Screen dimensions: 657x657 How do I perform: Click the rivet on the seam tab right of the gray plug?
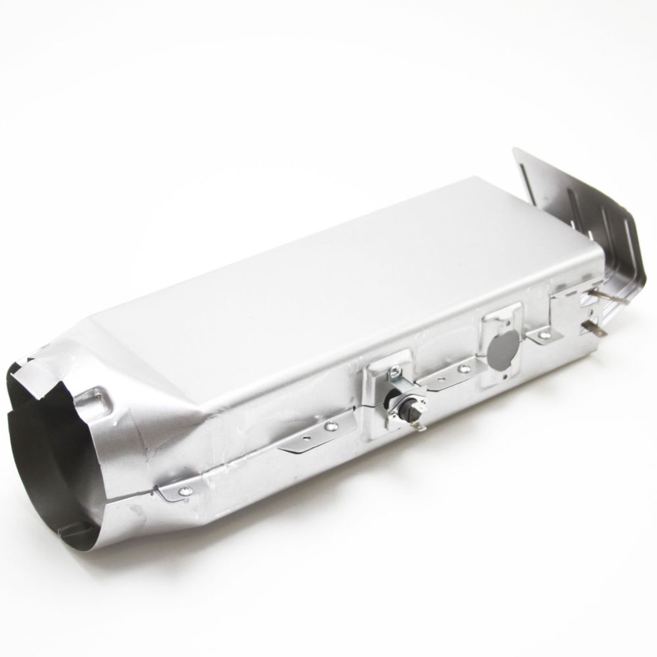point(544,334)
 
